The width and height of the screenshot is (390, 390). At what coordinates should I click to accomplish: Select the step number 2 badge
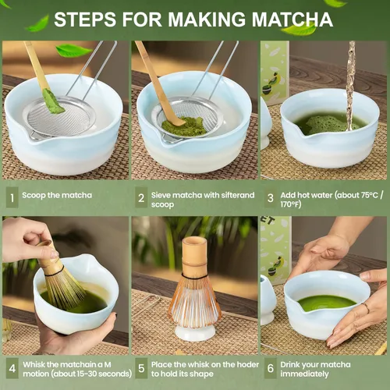pyautogui.click(x=141, y=197)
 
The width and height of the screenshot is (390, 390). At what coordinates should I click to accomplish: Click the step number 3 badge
pyautogui.click(x=270, y=197)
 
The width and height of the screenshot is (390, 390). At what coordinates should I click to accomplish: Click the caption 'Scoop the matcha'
pyautogui.click(x=57, y=195)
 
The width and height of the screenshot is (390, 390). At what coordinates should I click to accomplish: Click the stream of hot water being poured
pyautogui.click(x=350, y=78)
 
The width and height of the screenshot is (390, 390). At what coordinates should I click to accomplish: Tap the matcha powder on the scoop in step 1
pyautogui.click(x=52, y=101)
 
